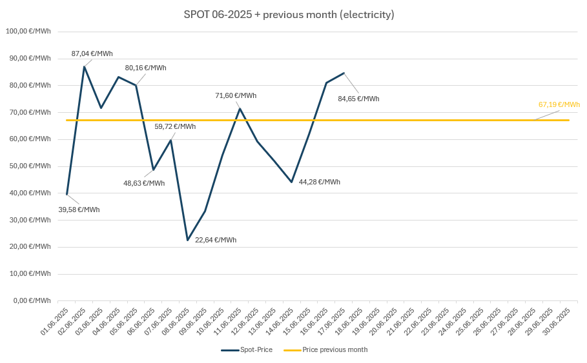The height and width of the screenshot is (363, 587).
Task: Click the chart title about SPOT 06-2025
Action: point(289,14)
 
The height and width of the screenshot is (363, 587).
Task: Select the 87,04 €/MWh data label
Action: point(92,54)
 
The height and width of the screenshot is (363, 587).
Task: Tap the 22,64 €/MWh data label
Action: point(216,240)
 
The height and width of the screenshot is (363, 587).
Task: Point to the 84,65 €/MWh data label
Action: point(358,99)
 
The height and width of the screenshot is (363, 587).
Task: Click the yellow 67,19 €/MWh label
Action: point(559,104)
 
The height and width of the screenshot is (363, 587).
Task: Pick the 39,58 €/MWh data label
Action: point(79,210)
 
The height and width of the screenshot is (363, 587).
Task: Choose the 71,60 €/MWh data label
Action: point(236,95)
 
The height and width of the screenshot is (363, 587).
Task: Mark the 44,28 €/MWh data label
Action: point(319,182)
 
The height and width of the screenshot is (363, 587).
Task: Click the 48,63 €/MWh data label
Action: point(144,183)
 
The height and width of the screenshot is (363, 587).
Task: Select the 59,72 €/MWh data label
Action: point(175,126)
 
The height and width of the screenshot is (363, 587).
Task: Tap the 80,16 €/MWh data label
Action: point(145,68)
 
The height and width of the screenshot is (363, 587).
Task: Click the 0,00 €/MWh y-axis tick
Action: point(32,300)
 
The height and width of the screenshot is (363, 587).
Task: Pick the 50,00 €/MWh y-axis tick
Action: point(30,166)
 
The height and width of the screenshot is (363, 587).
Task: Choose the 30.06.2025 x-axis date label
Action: point(556,322)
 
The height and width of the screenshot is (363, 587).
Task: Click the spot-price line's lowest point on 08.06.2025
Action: point(188,240)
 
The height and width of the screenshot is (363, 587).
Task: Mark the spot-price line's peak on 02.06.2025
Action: point(84,66)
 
